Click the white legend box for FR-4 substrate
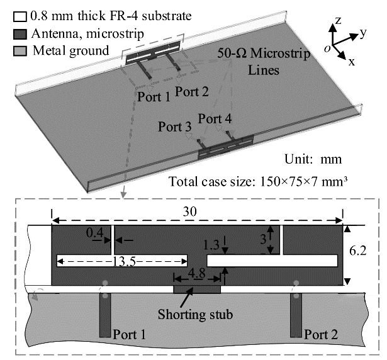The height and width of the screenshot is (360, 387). click(7, 14)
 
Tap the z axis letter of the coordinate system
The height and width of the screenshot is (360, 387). click(338, 21)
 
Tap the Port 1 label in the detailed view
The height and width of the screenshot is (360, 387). click(129, 334)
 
